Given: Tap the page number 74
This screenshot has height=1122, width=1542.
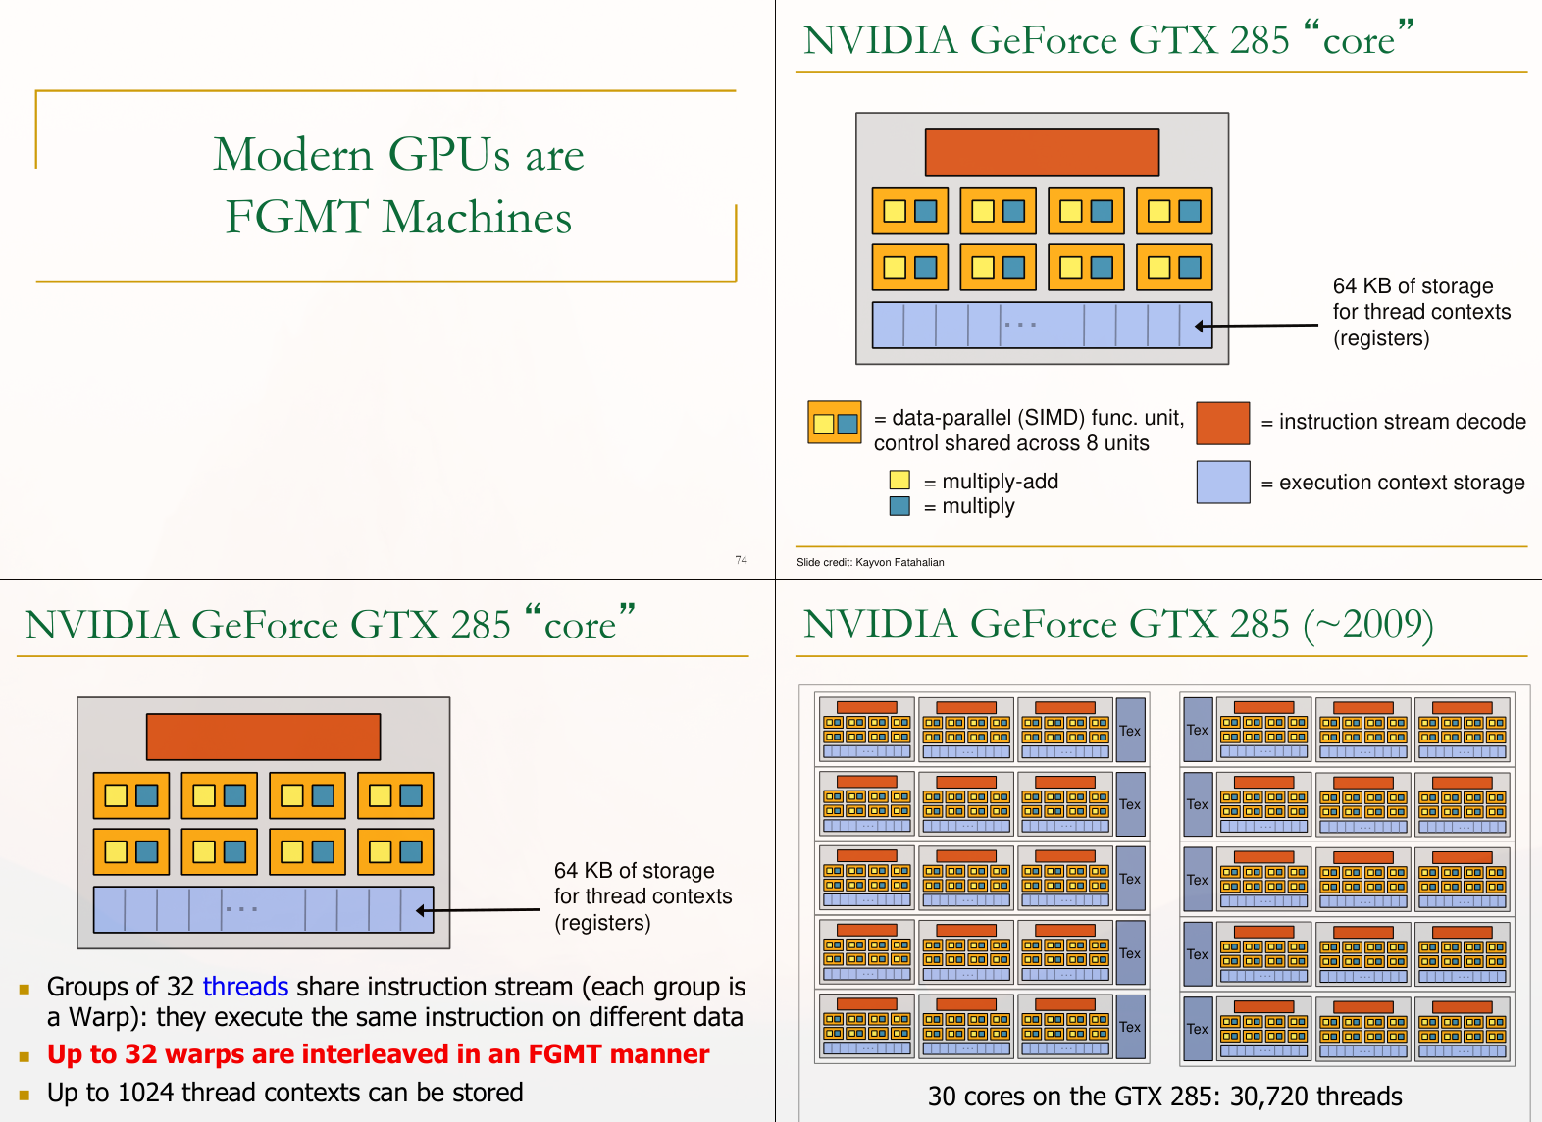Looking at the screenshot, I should tap(741, 560).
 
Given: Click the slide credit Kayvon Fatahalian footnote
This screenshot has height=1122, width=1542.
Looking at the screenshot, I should tap(870, 562).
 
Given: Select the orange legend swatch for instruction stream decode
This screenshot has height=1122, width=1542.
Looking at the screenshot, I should tap(1222, 423).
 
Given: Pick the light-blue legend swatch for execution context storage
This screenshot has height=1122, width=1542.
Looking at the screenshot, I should tap(1222, 482).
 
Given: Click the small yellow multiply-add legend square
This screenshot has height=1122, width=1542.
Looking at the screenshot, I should tap(899, 480).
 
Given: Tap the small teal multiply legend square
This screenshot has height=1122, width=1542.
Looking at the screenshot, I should tap(899, 506).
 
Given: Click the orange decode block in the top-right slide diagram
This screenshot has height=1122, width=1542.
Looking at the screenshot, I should tap(1042, 152).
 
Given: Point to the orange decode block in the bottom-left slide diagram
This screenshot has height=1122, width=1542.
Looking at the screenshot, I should tap(263, 737).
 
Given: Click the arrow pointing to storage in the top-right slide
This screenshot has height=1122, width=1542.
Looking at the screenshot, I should tap(1256, 326).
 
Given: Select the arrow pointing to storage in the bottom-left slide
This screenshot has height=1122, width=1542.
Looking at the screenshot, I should tap(477, 910).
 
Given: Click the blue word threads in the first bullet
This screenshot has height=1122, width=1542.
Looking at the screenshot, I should tap(245, 986).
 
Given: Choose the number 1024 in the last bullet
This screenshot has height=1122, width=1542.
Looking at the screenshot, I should tap(145, 1093).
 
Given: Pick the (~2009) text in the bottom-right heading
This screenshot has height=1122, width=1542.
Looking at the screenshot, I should tap(1368, 625).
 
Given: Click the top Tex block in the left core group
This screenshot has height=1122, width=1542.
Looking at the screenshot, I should tap(1130, 731).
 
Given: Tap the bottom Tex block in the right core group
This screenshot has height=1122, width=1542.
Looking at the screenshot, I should tap(1198, 1029).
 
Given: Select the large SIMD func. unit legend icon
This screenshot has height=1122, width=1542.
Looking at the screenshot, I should tap(835, 423).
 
